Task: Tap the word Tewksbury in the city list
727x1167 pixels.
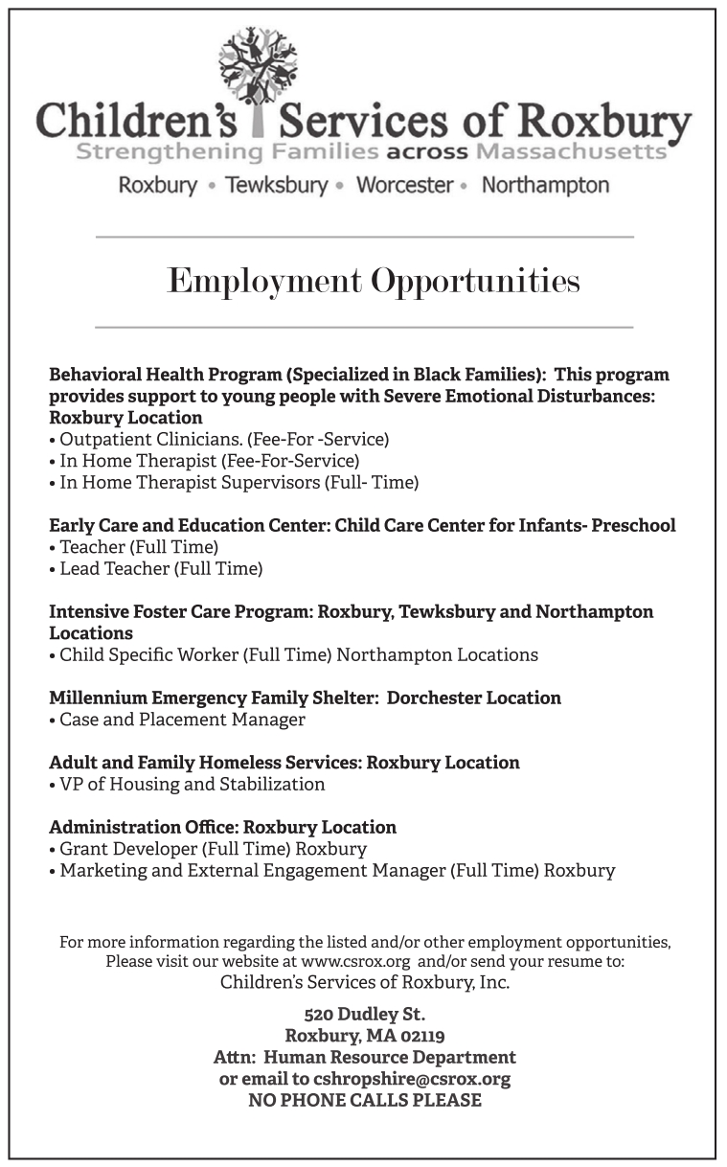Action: click(276, 185)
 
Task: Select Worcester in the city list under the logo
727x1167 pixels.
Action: click(404, 185)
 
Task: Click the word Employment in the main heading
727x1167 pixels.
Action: click(263, 282)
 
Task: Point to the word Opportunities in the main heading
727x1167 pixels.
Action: click(475, 282)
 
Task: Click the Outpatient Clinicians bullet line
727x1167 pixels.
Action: click(222, 440)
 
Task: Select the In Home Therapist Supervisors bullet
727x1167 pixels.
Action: click(238, 483)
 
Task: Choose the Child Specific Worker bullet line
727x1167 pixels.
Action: click(297, 655)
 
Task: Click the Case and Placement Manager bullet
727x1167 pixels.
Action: click(181, 720)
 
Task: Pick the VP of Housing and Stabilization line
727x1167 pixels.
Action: click(191, 785)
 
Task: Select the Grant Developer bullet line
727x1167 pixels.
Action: click(212, 849)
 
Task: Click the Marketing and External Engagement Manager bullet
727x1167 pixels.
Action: click(335, 871)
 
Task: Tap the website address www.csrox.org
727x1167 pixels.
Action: click(355, 961)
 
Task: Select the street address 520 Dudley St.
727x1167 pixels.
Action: click(364, 1014)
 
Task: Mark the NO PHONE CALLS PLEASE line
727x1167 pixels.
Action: click(364, 1101)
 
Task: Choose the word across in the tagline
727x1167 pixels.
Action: click(428, 152)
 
